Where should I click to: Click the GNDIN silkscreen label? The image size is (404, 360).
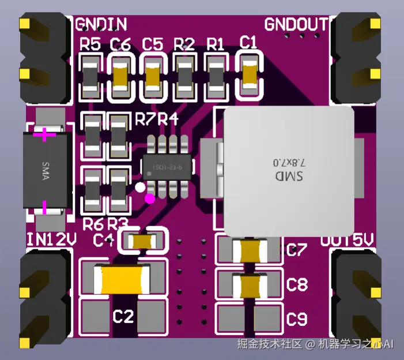point(101,24)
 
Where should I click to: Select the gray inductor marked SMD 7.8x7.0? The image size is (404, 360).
point(288,170)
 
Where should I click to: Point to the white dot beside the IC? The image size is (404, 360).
point(140,187)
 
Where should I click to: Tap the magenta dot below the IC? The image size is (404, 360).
point(150,199)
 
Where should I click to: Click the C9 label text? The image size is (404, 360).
point(297,318)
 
